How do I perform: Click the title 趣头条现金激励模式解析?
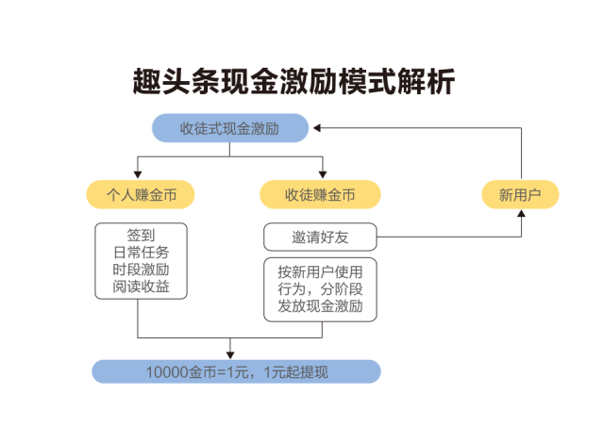294,82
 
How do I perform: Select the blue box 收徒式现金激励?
230,128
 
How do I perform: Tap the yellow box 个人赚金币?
141,194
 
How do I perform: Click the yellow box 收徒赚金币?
320,194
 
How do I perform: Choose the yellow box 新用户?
520,194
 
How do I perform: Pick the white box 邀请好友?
320,236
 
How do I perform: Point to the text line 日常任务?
141,253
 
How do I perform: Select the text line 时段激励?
141,270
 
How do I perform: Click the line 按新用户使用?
320,272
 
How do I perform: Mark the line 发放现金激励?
320,307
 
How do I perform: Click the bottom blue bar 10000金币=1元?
236,371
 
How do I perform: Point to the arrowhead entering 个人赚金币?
139,174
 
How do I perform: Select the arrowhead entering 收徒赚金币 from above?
322,174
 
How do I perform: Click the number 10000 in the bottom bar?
167,371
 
